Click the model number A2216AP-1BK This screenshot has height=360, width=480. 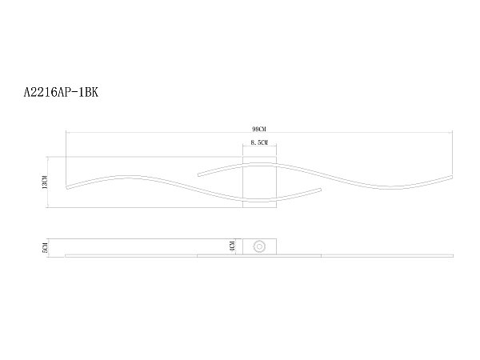click(61, 92)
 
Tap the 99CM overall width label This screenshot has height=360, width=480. click(259, 129)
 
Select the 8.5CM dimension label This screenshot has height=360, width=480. click(259, 142)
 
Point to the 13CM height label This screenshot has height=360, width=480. click(45, 182)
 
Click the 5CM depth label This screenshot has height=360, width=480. click(45, 247)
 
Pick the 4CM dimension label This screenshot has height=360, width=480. click(232, 246)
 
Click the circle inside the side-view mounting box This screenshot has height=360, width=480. click(259, 246)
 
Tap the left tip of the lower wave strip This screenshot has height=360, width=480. click(66, 187)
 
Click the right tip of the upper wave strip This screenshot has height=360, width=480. click(451, 177)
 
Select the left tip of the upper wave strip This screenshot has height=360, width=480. click(198, 175)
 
